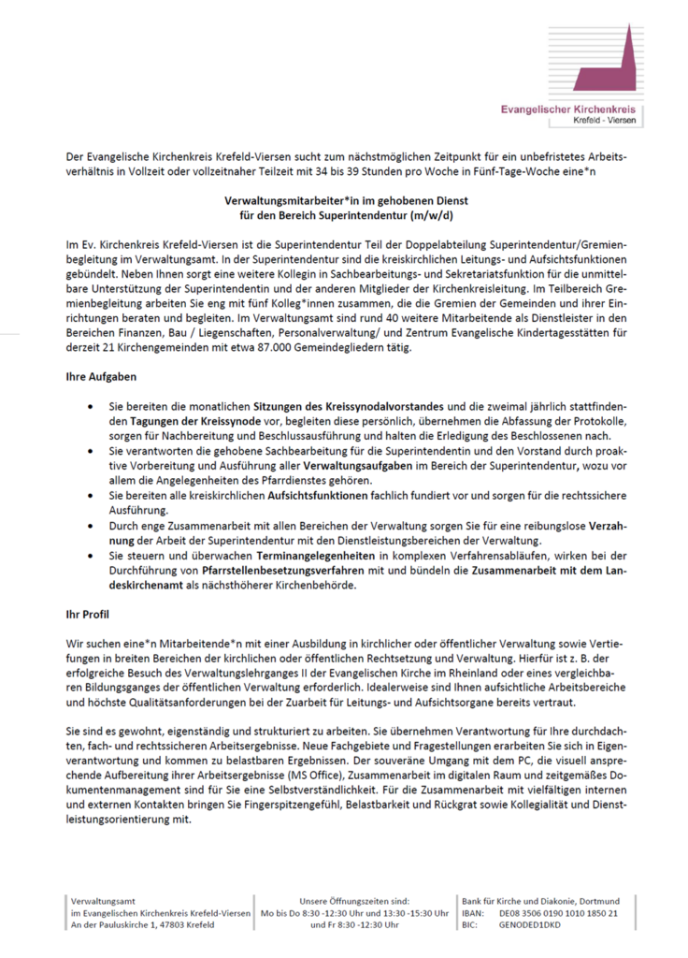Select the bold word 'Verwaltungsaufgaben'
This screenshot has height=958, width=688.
click(x=361, y=465)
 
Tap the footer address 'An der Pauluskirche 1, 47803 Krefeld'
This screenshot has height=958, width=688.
click(x=142, y=924)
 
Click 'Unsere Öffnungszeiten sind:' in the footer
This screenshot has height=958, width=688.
click(x=354, y=898)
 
